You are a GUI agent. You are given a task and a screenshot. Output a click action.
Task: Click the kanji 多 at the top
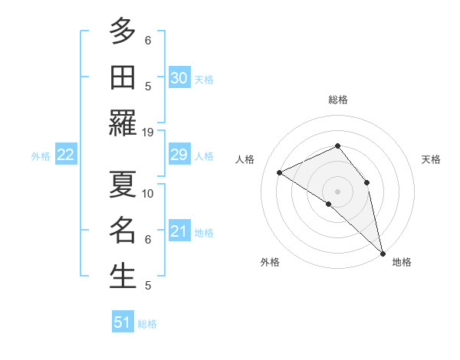[x=123, y=31]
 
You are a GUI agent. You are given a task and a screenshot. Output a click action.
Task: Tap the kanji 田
[x=123, y=77]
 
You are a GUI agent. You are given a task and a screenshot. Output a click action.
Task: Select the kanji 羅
[x=123, y=123]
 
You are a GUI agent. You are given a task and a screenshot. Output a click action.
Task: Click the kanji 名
[x=123, y=230]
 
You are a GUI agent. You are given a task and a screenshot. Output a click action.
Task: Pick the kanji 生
[x=123, y=276]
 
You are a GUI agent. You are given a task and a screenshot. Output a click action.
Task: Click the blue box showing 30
[x=179, y=78]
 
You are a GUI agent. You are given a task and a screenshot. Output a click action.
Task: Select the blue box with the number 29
[x=179, y=155]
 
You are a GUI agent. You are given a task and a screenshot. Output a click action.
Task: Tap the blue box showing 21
[x=179, y=231]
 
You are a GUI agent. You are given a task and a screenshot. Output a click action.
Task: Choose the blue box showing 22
[x=65, y=155]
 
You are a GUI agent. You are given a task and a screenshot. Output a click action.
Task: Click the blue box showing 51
[x=123, y=322]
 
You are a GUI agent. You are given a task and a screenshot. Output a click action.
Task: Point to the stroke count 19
[x=148, y=132]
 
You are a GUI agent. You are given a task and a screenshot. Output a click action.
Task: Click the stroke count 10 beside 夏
[x=148, y=193]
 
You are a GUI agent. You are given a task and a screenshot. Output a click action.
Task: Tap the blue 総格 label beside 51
[x=147, y=324]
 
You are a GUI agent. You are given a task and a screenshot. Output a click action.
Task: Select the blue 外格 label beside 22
[x=41, y=156]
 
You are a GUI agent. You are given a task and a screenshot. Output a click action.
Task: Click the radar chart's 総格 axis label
[x=338, y=100]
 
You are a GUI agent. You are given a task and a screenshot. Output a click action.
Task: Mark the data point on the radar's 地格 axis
[x=383, y=252]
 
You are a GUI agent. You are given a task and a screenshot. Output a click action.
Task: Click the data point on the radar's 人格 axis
[x=280, y=172]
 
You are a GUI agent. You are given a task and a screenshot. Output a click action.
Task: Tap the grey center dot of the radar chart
[x=338, y=191]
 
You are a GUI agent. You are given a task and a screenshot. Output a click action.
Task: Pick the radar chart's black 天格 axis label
[x=431, y=159]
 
